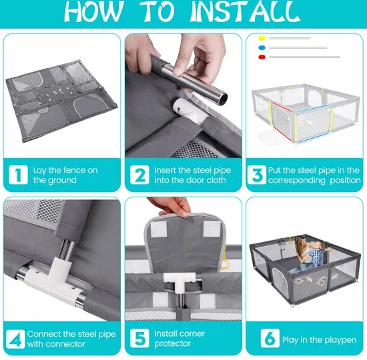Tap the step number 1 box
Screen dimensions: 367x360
click(x=18, y=175)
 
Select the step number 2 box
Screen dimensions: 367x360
click(x=139, y=175)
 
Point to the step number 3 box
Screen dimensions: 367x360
click(x=257, y=175)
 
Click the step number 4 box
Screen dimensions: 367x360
click(x=15, y=339)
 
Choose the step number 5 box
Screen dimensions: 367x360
click(x=139, y=338)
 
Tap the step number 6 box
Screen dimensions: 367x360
click(x=270, y=338)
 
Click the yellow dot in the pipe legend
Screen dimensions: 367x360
click(x=262, y=38)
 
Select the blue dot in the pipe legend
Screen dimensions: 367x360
click(x=262, y=48)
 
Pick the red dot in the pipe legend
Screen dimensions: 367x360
click(x=262, y=57)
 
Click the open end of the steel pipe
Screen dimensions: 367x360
click(x=224, y=98)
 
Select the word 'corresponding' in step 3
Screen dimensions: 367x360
click(x=297, y=181)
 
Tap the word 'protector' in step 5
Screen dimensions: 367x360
click(x=173, y=343)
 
